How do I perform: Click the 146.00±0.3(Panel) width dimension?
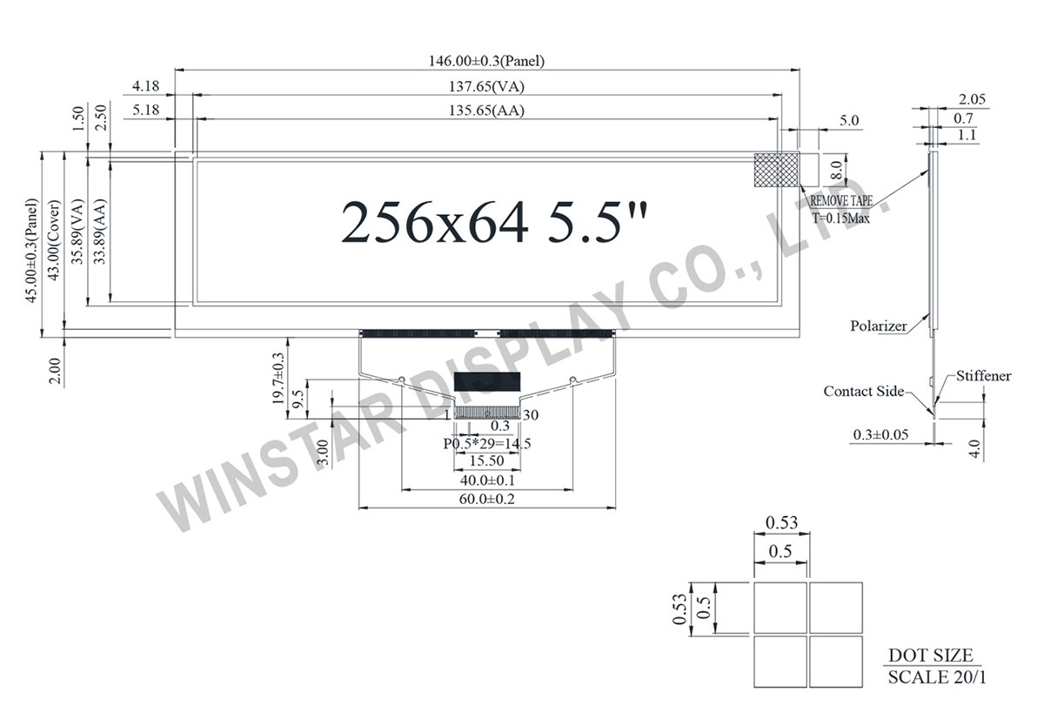(x=487, y=61)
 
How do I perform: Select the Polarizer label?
(x=878, y=326)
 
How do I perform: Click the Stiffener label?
(x=983, y=376)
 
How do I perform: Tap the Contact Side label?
(x=863, y=392)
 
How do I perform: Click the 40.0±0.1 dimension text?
(x=488, y=480)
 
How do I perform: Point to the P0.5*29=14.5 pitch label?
(x=487, y=443)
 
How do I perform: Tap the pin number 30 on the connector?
(x=532, y=415)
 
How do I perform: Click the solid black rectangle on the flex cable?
(x=486, y=381)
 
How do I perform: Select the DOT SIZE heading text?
(x=930, y=656)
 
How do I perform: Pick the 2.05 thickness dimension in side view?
(x=972, y=99)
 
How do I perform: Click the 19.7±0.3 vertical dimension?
(x=278, y=378)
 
